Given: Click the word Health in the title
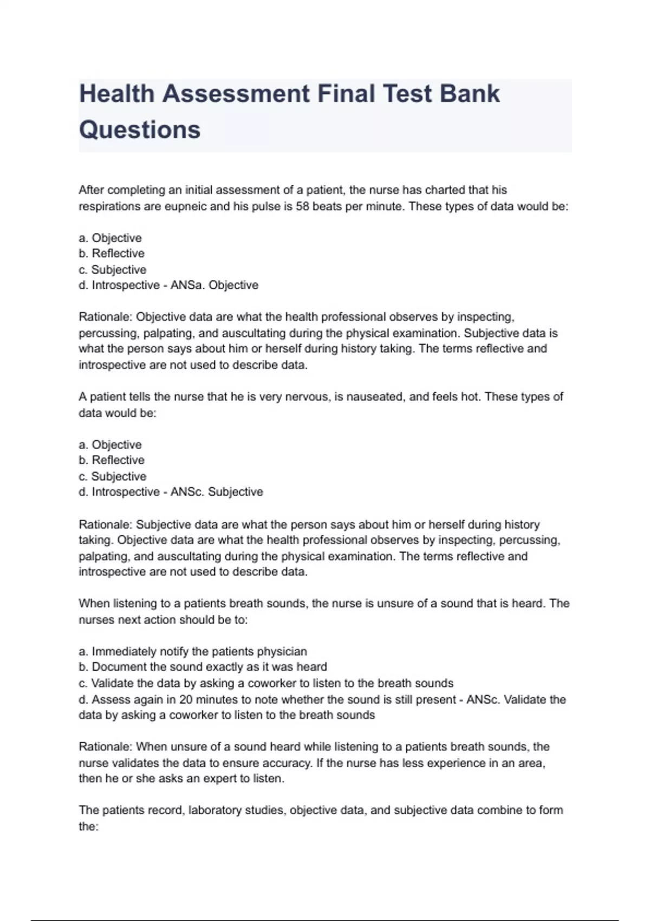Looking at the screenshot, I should pyautogui.click(x=117, y=94).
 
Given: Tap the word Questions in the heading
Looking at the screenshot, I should pyautogui.click(x=140, y=130).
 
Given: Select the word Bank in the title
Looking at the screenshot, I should pyautogui.click(x=469, y=94).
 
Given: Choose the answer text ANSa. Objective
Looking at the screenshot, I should pyautogui.click(x=214, y=285).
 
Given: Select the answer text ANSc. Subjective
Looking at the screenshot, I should pyautogui.click(x=217, y=492).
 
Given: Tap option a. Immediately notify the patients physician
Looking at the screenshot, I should pyautogui.click(x=193, y=651).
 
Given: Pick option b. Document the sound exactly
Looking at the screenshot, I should pyautogui.click(x=203, y=667).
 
